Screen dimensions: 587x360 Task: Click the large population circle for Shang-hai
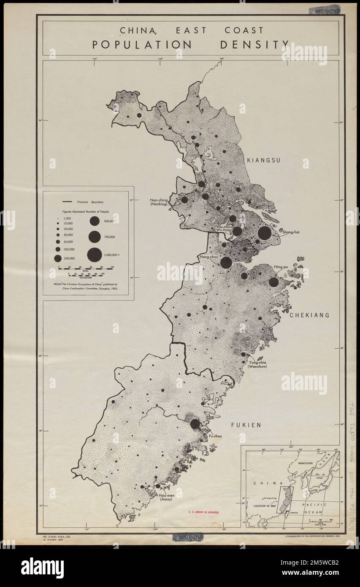tap(265, 233)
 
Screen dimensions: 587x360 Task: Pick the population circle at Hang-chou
tap(226, 263)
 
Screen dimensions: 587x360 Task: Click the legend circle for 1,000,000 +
tap(95, 254)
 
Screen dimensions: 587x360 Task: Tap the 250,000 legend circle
tap(57, 258)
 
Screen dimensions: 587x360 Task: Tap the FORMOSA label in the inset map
tap(294, 512)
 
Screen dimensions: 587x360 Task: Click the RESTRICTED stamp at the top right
tap(327, 11)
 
